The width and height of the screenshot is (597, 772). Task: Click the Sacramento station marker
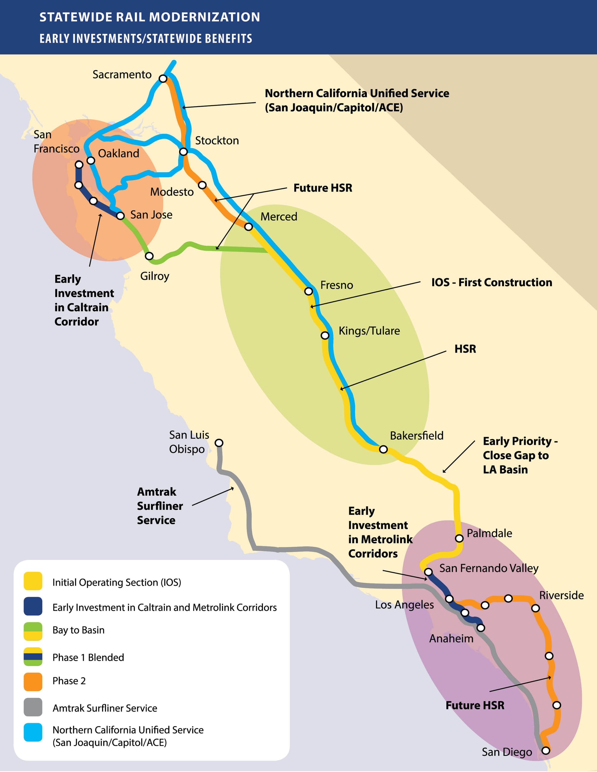[x=163, y=78]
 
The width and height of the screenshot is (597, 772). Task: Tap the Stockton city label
[x=217, y=141]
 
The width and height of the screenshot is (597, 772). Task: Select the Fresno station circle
[x=309, y=291]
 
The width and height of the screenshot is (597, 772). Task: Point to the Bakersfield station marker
[x=383, y=449]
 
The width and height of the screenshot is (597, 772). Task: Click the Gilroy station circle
[x=149, y=256]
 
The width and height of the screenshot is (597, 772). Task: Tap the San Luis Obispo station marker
[x=219, y=443]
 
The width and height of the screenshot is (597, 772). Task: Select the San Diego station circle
[x=546, y=751]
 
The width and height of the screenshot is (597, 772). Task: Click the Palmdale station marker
[x=459, y=538]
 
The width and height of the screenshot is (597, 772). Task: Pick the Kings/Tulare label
[x=369, y=331]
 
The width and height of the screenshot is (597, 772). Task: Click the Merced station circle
[x=249, y=227]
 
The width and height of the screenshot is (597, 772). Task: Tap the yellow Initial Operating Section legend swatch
[x=33, y=581]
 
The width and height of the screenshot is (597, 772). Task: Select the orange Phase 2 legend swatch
[x=33, y=682]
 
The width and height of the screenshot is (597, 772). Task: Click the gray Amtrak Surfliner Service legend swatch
[x=33, y=707]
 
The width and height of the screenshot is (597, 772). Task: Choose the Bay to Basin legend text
[x=78, y=630]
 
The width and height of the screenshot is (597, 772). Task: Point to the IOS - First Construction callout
[x=491, y=282]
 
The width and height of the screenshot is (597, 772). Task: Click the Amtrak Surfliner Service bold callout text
[x=160, y=506]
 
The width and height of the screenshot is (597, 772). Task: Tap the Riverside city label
[x=561, y=595]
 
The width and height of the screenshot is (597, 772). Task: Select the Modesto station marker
[x=202, y=185]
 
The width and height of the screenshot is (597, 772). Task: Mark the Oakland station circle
[x=91, y=160]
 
